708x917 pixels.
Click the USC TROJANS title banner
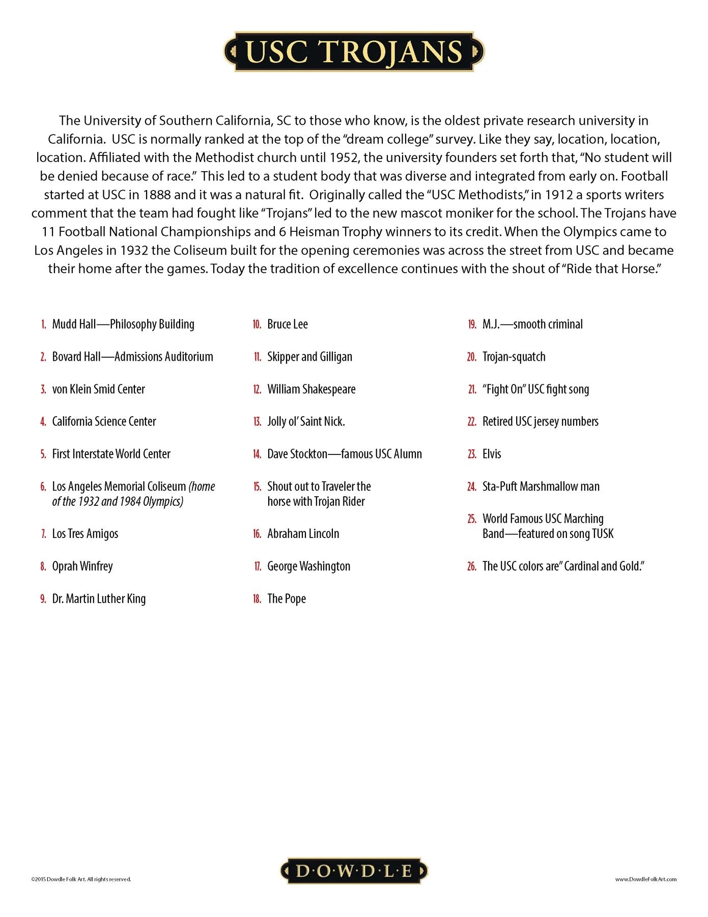click(x=354, y=52)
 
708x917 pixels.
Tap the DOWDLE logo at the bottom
click(x=354, y=871)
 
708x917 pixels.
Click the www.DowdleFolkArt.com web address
click(x=645, y=879)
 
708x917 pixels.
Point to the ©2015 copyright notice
click(x=81, y=879)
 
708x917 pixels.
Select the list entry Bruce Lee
click(x=287, y=325)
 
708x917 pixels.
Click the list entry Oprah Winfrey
click(x=82, y=567)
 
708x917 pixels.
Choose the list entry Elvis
click(x=491, y=454)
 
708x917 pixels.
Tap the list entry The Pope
click(x=287, y=599)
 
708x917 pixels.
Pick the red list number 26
click(x=472, y=567)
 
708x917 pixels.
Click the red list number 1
click(x=44, y=325)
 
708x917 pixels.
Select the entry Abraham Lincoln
click(x=303, y=534)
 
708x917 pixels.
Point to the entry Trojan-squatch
click(x=514, y=357)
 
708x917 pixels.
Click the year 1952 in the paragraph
click(x=344, y=158)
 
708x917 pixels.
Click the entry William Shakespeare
click(x=311, y=389)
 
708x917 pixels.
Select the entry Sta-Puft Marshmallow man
click(x=541, y=487)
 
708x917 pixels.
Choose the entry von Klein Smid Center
click(x=98, y=389)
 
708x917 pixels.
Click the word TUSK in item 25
click(x=603, y=534)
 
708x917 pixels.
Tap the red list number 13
click(x=257, y=422)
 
